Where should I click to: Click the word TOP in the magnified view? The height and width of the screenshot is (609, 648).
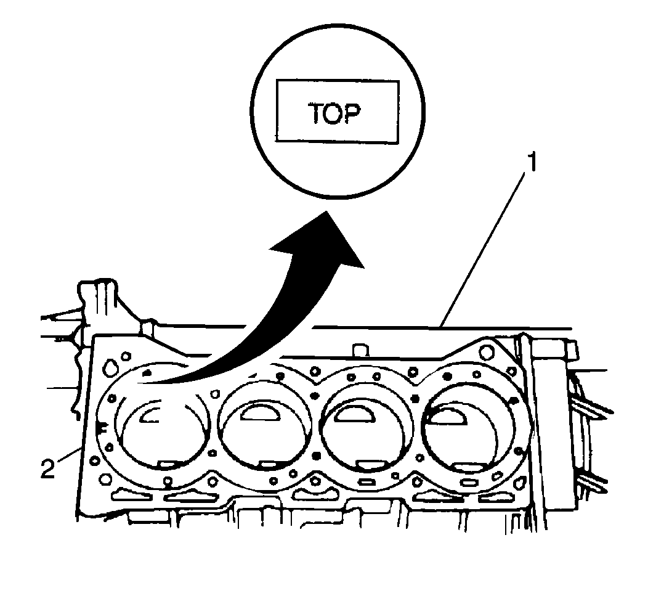point(334,113)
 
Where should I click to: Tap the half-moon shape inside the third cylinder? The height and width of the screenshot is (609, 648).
point(354,413)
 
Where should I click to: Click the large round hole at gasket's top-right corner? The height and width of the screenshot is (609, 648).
point(487,353)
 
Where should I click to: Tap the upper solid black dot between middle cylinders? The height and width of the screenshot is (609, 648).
point(315,396)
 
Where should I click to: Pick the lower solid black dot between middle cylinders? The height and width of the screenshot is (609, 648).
point(317,456)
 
